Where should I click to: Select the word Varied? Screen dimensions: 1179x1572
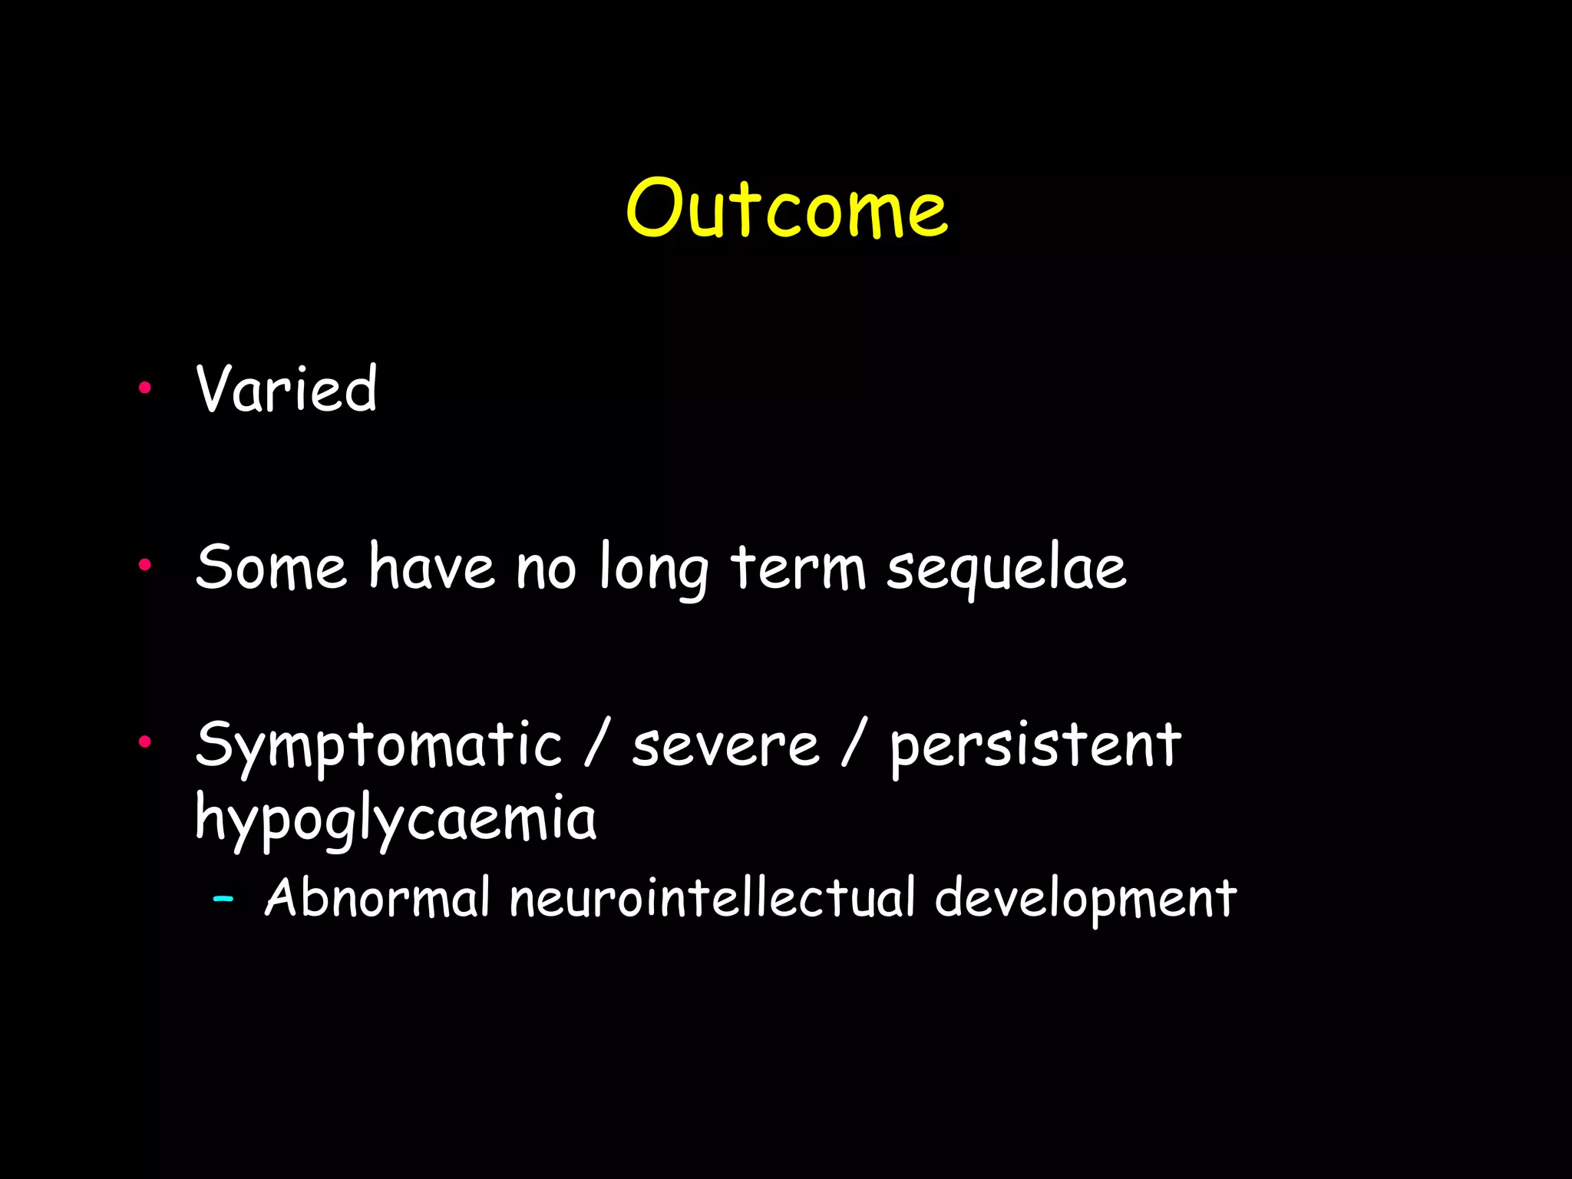[x=286, y=389]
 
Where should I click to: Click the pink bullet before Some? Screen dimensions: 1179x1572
[x=144, y=566]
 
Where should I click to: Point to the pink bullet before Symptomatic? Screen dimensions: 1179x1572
[x=144, y=741]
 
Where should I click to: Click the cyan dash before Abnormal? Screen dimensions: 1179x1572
[x=223, y=897]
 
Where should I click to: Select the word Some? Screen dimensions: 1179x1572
[x=271, y=567]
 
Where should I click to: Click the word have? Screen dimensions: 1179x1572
[x=432, y=567]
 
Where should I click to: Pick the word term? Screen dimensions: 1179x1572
[x=798, y=569]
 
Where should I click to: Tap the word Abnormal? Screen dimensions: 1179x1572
[x=377, y=897]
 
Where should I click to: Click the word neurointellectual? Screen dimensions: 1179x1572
[x=712, y=897]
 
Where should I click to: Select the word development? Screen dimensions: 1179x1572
[x=1085, y=899]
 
